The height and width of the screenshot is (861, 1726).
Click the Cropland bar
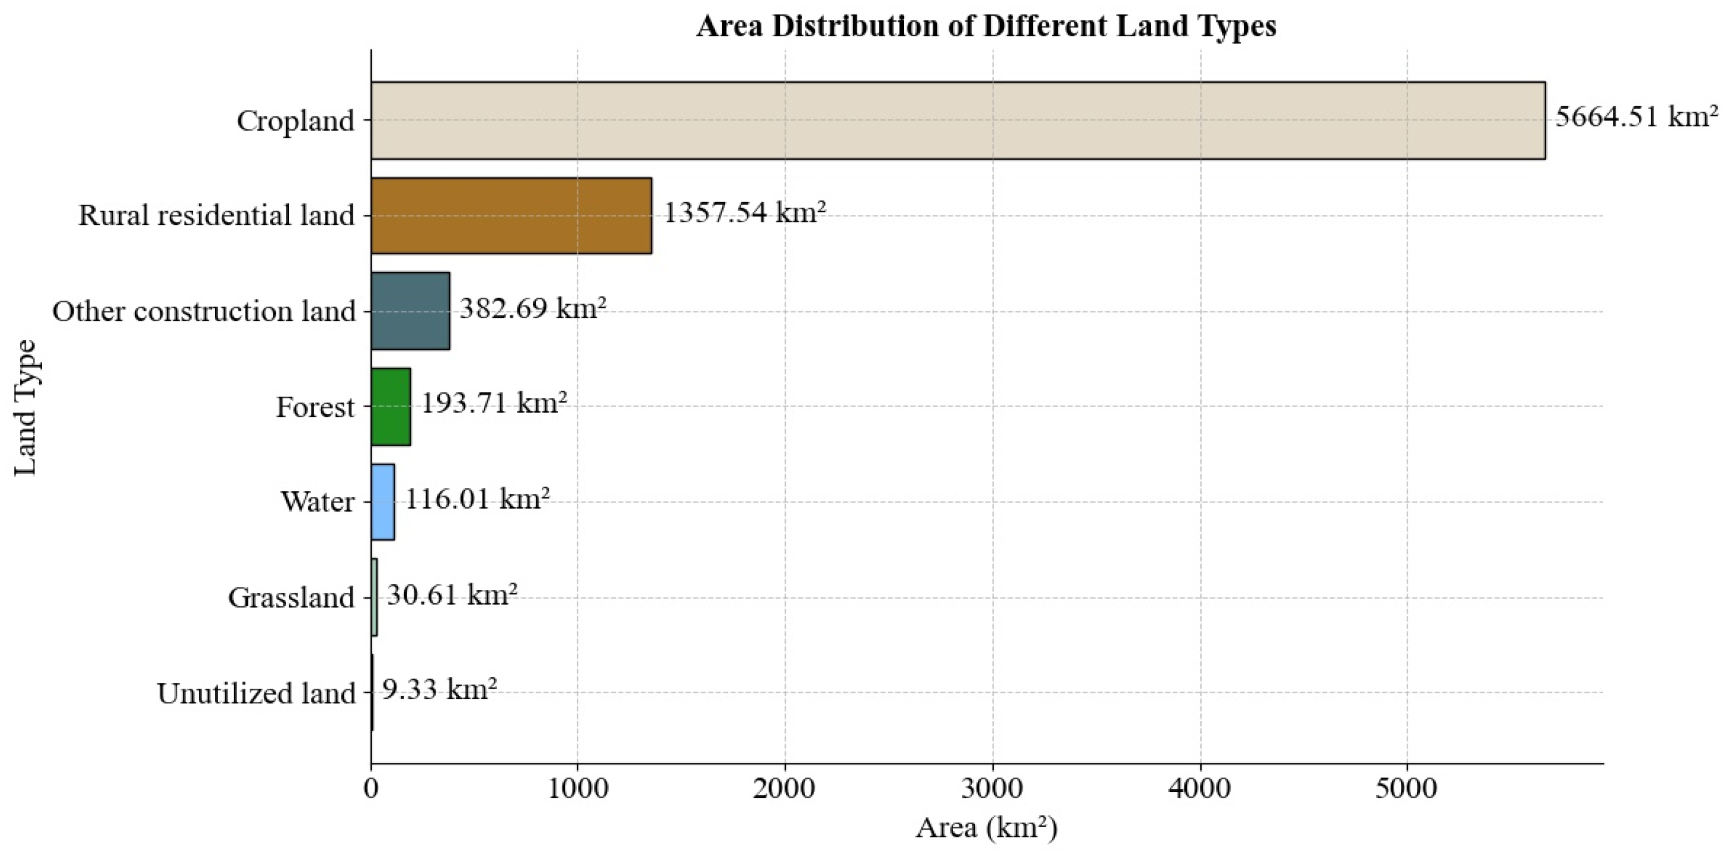[x=958, y=121]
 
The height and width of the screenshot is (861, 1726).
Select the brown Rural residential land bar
[x=511, y=216]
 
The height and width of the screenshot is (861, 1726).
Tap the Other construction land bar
[x=410, y=311]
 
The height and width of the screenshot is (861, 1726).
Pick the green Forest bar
[x=391, y=407]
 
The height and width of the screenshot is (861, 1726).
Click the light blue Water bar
[x=383, y=502]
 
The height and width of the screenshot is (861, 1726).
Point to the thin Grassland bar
[x=374, y=597]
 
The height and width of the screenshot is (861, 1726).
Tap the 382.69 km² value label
[x=533, y=309]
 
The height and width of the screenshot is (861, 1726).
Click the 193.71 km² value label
[x=494, y=404]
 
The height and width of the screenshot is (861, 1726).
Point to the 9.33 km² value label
[x=439, y=689]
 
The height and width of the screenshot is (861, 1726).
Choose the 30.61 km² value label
[x=452, y=594]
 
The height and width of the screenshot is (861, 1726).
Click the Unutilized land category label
[x=256, y=693]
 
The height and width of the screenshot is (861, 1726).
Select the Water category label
[x=317, y=502]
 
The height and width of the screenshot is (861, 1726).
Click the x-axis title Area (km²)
[x=987, y=829]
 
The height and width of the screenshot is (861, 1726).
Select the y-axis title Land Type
[x=25, y=407]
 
